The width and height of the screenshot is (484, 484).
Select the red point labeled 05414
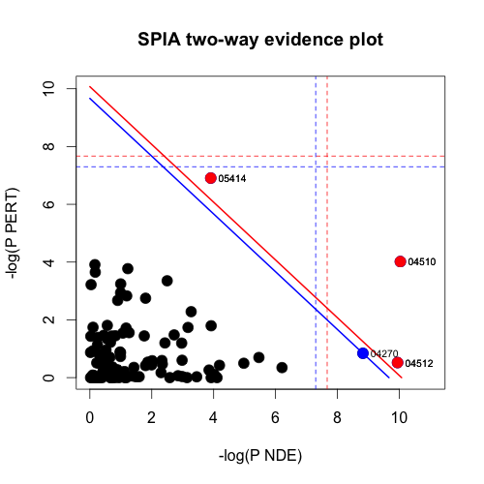(x=210, y=178)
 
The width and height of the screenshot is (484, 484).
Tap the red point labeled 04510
(x=401, y=261)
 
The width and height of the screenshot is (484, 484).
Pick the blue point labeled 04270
(x=363, y=353)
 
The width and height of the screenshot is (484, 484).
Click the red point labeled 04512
(x=397, y=362)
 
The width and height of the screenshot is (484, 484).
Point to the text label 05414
(x=231, y=179)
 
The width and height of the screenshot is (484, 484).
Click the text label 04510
(x=421, y=262)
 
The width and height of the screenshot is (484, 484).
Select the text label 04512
(x=418, y=364)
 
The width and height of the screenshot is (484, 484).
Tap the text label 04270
(x=384, y=354)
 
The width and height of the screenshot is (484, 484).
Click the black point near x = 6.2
(x=282, y=368)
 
